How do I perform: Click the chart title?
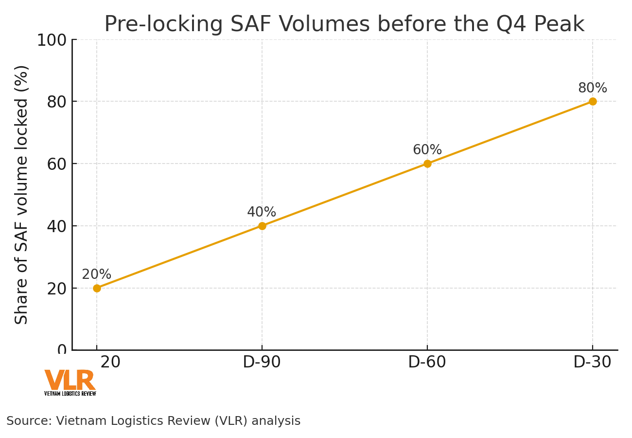[344, 24]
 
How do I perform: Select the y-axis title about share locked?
[22, 195]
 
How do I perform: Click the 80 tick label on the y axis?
[57, 102]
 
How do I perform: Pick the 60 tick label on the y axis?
[57, 164]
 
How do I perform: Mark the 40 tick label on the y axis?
[57, 226]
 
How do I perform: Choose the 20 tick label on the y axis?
[57, 288]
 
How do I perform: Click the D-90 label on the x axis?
[262, 363]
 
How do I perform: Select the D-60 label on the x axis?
[427, 363]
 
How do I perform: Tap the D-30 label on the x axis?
[592, 363]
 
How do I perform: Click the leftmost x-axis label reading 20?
[110, 363]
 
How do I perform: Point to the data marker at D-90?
[262, 226]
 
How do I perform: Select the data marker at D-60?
[427, 164]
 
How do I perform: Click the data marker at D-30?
[593, 101]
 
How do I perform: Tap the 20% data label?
[96, 274]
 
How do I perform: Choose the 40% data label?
[262, 212]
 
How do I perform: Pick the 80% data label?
[592, 88]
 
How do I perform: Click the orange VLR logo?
[70, 382]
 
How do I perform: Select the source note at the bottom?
[153, 421]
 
